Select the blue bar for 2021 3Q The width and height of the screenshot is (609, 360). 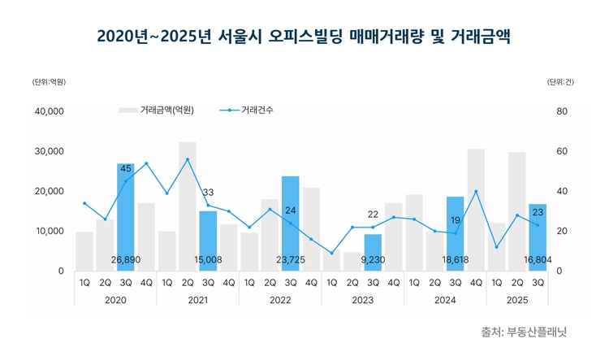[208, 236]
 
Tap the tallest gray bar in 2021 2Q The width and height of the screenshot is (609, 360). [188, 206]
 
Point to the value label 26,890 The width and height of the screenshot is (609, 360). [126, 261]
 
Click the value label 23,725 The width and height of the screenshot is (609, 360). [291, 261]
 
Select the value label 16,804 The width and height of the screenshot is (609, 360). [538, 261]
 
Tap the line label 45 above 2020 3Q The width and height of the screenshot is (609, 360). [126, 169]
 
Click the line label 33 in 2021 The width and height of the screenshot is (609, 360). [208, 193]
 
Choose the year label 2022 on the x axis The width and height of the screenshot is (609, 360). [280, 300]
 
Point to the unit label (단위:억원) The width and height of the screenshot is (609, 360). [49, 81]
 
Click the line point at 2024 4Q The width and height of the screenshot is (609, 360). [476, 192]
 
